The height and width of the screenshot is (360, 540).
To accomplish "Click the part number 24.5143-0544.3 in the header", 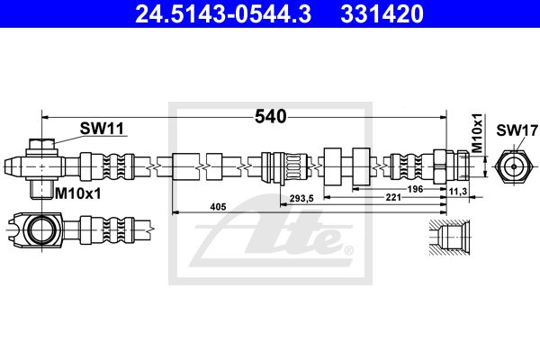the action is pos(223,14).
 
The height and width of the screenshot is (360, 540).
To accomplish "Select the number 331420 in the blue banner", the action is pos(382,14).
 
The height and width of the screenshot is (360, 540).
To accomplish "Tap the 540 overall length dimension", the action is pos(270,116).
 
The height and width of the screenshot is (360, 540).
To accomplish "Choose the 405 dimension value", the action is pos(219,207).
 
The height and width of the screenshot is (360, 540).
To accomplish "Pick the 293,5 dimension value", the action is pos(301,198).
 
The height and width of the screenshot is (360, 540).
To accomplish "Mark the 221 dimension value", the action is pos(393,197).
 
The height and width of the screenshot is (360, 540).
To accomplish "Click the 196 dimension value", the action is pos(415,189).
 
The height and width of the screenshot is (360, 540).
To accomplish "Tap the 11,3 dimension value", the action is pos(458,191).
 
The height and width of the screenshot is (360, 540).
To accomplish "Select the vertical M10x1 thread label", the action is pos(477,133).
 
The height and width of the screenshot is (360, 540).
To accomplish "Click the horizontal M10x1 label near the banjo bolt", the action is pos(78,194).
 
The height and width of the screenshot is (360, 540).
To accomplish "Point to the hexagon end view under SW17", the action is pos(514,166).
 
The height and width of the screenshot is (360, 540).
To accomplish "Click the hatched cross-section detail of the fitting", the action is pos(449,238).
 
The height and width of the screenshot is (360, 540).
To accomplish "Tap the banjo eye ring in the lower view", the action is pos(41,229).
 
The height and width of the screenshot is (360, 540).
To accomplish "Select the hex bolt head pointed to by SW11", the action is pos(41,143).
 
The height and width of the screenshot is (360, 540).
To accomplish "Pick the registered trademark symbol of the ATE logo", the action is pos(349,250).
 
